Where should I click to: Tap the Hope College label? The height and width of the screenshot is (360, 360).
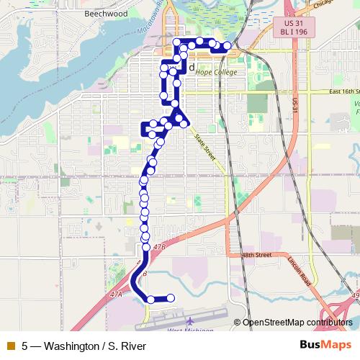click(x=216, y=73)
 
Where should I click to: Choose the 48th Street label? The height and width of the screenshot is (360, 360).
click(x=256, y=255)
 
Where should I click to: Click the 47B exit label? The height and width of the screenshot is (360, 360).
click(x=159, y=246)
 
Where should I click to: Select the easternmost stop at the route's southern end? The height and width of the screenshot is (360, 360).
click(x=171, y=298)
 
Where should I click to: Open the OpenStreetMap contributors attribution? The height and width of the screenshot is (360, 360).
click(x=298, y=323)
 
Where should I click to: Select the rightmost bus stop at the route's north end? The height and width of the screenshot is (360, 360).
click(x=227, y=47)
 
